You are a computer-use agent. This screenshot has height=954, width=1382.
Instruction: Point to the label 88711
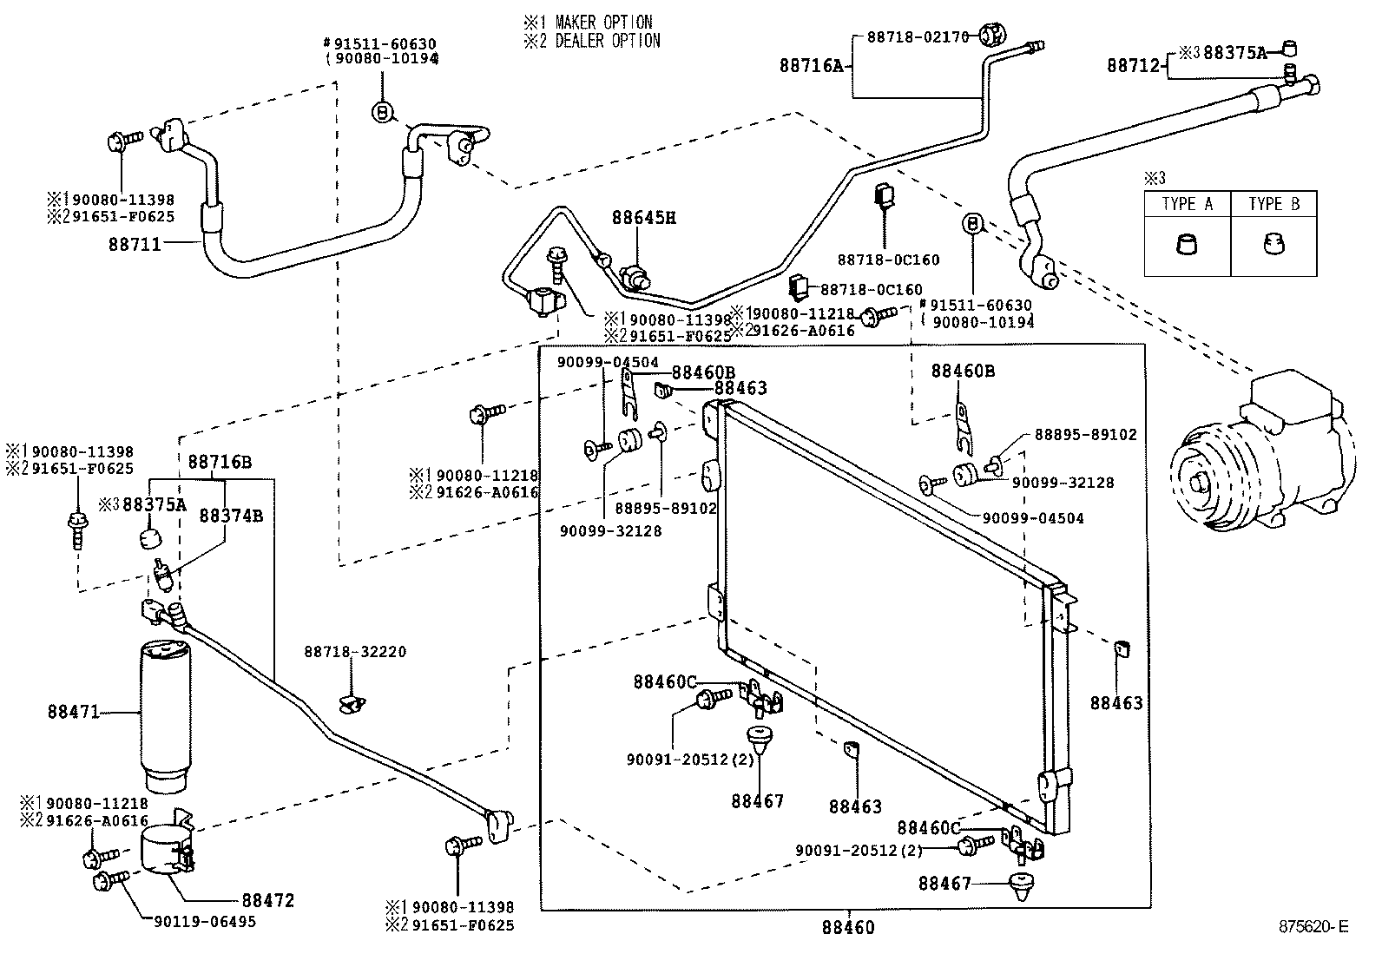135,245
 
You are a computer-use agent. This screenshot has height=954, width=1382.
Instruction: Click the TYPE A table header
1187,205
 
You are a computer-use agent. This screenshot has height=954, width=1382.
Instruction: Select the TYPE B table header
1273,205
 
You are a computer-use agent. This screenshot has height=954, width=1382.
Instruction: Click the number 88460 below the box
848,928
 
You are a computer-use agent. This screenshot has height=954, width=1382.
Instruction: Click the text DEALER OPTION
606,41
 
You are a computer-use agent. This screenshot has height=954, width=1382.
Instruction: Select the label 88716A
811,65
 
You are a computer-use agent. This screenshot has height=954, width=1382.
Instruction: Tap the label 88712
1133,65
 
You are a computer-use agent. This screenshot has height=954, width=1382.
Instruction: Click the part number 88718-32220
355,652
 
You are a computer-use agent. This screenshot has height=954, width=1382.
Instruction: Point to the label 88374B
230,516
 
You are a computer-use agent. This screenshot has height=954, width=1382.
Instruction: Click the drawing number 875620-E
1313,927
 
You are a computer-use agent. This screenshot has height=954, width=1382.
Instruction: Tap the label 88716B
220,462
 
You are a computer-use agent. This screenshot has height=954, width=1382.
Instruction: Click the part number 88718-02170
917,36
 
